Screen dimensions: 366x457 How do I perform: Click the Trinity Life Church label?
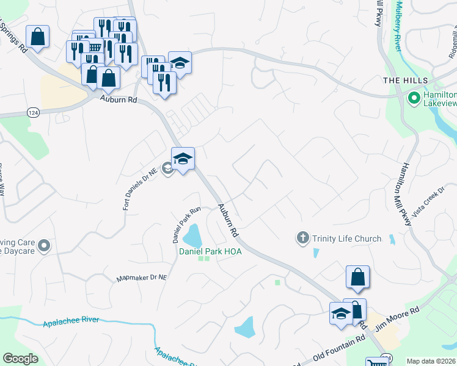(346, 239)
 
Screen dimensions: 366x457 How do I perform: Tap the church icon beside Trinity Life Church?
(302, 239)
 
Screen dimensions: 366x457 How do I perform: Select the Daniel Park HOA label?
(210, 251)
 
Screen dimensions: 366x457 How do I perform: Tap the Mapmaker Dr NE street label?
(142, 279)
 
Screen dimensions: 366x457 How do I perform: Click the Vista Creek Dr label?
(428, 203)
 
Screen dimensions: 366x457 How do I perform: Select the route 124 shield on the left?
(34, 112)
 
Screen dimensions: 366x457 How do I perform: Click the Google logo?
(20, 359)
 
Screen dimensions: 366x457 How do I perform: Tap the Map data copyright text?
(431, 361)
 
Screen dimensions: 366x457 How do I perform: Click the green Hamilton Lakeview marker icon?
(414, 98)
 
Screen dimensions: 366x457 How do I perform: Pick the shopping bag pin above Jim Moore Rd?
(357, 278)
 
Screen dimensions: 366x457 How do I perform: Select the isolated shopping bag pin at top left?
(37, 37)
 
